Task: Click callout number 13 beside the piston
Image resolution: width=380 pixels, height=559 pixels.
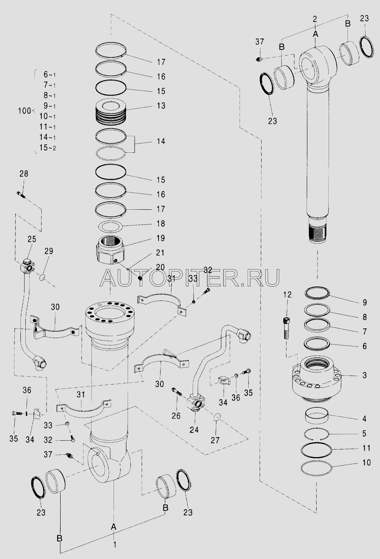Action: click(x=161, y=105)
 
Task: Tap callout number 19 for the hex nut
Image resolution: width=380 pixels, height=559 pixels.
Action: click(x=161, y=238)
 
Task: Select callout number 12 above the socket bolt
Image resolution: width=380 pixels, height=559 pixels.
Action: click(x=287, y=295)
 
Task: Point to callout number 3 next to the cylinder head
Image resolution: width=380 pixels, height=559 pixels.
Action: click(x=364, y=375)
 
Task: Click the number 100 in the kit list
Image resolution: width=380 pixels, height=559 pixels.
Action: click(x=24, y=111)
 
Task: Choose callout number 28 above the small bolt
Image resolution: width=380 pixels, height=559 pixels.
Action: click(x=24, y=174)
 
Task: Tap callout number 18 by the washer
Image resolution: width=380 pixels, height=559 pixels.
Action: click(x=161, y=223)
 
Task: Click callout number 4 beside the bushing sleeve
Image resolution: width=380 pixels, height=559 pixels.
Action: click(x=364, y=419)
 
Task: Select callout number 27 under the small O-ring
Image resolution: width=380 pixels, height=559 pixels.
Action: click(x=215, y=440)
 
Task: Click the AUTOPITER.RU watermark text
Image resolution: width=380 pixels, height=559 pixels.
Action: click(x=190, y=278)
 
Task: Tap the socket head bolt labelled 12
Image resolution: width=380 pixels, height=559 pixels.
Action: click(x=287, y=328)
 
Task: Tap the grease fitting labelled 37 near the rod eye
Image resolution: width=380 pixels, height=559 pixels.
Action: click(x=259, y=59)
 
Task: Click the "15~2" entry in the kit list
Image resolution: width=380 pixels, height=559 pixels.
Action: click(x=47, y=148)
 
